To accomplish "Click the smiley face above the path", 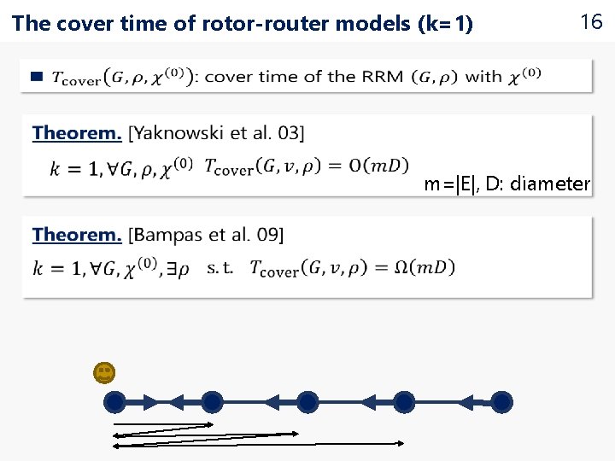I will click(x=104, y=372).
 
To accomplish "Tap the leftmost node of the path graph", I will click(x=114, y=401).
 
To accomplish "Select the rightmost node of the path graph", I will click(x=502, y=401).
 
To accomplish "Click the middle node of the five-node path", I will click(x=308, y=401).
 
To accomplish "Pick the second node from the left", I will click(x=212, y=401).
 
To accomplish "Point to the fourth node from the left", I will click(x=405, y=401).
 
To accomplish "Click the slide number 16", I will click(x=591, y=23).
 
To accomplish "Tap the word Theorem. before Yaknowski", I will click(x=77, y=132).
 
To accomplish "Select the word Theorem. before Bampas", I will click(x=77, y=234).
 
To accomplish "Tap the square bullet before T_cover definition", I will click(x=36, y=77).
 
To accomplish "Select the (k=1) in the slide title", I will click(x=444, y=24).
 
